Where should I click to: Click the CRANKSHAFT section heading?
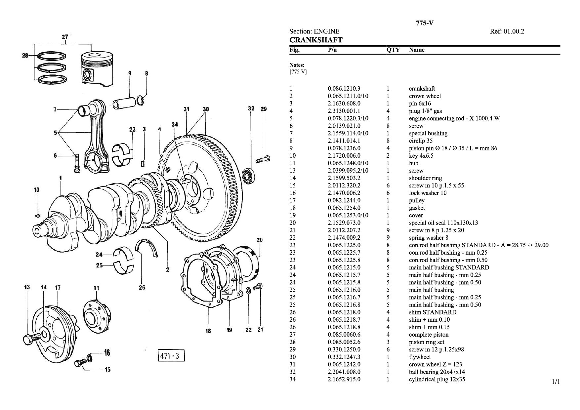coord(316,40)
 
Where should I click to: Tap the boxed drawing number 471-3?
coord(170,356)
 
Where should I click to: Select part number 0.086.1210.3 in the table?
coord(344,89)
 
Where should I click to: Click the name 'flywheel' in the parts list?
coord(420,357)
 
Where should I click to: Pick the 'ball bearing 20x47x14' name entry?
coord(437,372)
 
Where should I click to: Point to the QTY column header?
coord(393,50)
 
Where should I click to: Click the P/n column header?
coord(332,50)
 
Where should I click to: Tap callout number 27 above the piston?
coord(65,37)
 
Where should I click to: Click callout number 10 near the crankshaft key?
coord(36,190)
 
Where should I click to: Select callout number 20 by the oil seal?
coord(260,240)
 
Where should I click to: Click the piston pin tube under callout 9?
coord(124,103)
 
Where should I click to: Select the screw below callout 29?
coord(263,159)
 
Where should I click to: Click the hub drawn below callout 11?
coord(96,316)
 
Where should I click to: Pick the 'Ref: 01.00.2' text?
coord(507,31)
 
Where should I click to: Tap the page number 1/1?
coord(556,382)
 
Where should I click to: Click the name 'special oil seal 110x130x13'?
coord(443,223)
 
